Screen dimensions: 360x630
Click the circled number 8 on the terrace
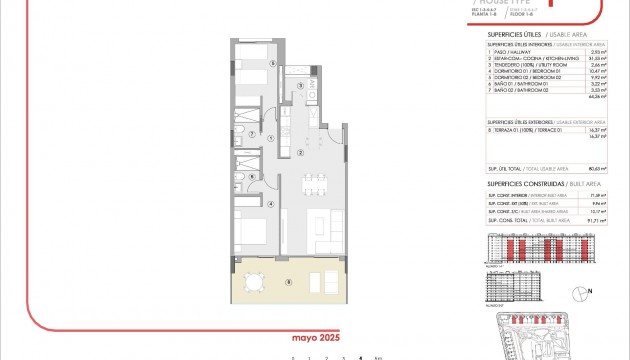click(289, 282)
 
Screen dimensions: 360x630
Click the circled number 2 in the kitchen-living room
click(300, 153)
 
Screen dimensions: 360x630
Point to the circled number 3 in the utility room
click(301, 86)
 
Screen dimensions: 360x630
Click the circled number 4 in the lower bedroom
click(272, 203)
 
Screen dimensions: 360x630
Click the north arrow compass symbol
click(580, 292)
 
